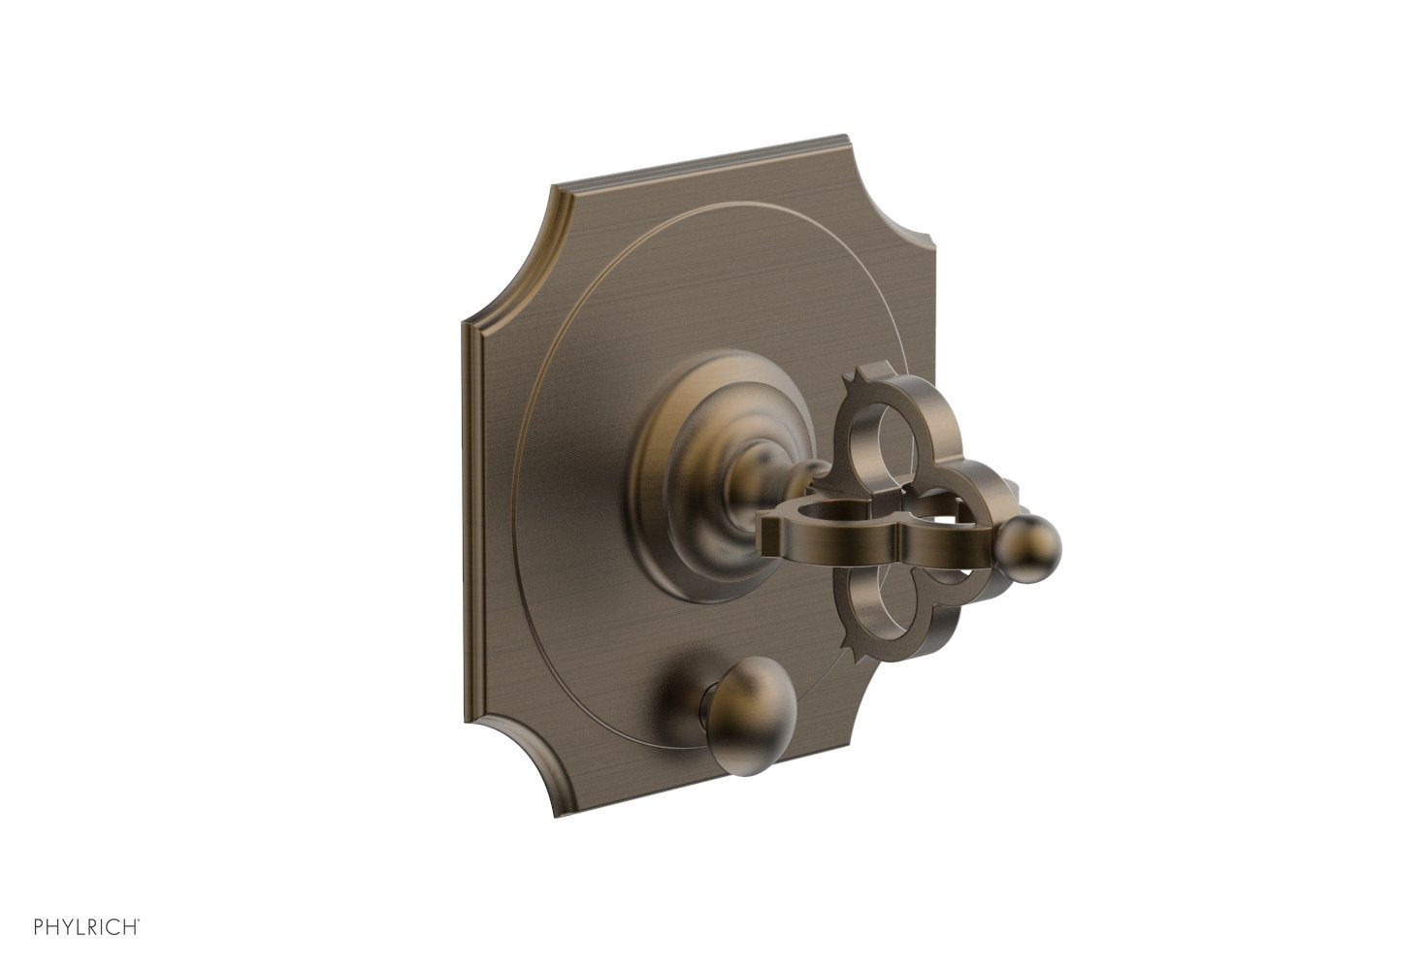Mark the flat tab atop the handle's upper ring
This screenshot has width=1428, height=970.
coord(878,370)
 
